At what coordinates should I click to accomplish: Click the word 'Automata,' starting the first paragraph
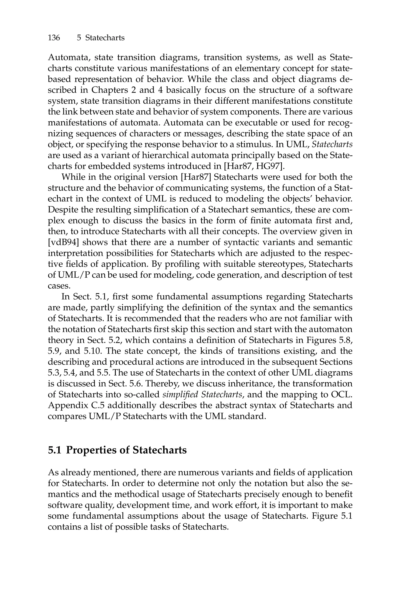point(69,57)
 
